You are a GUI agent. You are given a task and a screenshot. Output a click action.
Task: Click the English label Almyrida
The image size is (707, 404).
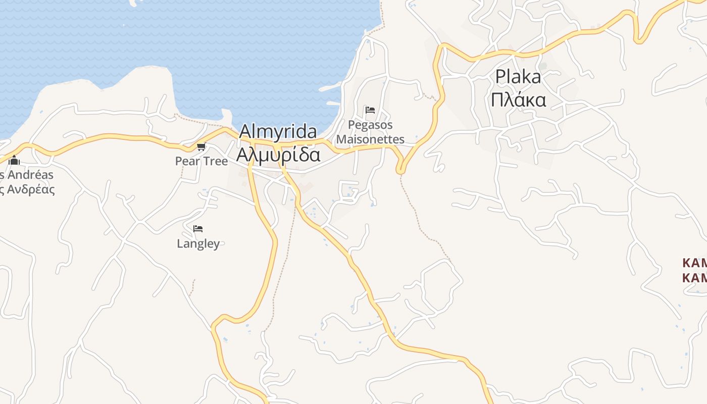(278, 132)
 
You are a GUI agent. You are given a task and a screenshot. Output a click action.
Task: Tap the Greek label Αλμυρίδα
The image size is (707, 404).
(278, 154)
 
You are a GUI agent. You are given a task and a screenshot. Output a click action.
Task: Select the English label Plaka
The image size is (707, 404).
(518, 77)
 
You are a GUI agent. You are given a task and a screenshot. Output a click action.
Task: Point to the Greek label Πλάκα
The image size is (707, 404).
(518, 100)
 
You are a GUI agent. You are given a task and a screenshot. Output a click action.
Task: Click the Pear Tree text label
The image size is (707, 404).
(201, 161)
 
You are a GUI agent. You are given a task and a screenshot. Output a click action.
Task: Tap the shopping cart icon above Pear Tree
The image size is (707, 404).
(201, 147)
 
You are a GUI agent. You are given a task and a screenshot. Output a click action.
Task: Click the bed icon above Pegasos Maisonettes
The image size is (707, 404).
(370, 110)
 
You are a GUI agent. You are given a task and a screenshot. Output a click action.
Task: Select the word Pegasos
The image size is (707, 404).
(370, 125)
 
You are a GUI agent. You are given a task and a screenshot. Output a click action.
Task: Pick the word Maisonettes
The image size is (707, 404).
(370, 139)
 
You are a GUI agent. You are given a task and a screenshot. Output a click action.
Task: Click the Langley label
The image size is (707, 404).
(198, 244)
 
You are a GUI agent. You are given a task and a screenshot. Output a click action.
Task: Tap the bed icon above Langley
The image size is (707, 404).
(198, 229)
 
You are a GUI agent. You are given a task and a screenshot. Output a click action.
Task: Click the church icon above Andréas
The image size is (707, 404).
(14, 161)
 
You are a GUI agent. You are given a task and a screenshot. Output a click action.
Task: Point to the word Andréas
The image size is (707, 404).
(30, 175)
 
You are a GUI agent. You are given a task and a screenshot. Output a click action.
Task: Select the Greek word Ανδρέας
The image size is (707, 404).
(30, 190)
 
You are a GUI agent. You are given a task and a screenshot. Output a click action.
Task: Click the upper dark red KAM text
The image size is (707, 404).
(694, 263)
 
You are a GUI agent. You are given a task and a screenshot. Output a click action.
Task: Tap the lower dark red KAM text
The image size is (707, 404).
(694, 278)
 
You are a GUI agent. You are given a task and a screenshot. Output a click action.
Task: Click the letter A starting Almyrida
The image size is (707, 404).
(245, 132)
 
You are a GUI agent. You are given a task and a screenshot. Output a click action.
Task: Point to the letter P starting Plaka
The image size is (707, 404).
(500, 77)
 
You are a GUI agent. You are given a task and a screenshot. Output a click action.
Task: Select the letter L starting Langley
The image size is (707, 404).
(180, 244)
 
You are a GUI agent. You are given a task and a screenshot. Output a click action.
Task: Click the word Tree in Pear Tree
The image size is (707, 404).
(216, 161)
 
